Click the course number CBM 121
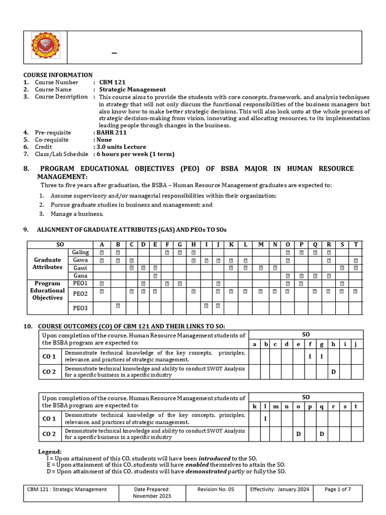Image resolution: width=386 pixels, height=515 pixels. (112, 82)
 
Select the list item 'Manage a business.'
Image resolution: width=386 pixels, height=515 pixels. (76, 214)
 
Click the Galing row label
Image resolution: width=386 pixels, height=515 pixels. (81, 252)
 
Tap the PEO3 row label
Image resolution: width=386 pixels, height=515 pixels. (80, 308)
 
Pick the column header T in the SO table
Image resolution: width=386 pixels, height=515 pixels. (356, 244)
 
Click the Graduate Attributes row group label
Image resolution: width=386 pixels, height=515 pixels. (48, 264)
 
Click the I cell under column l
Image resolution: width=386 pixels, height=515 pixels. (264, 418)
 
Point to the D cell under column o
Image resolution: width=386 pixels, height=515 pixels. (298, 434)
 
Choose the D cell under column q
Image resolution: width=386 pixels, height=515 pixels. (322, 434)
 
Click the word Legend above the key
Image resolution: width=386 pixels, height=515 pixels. (50, 452)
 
